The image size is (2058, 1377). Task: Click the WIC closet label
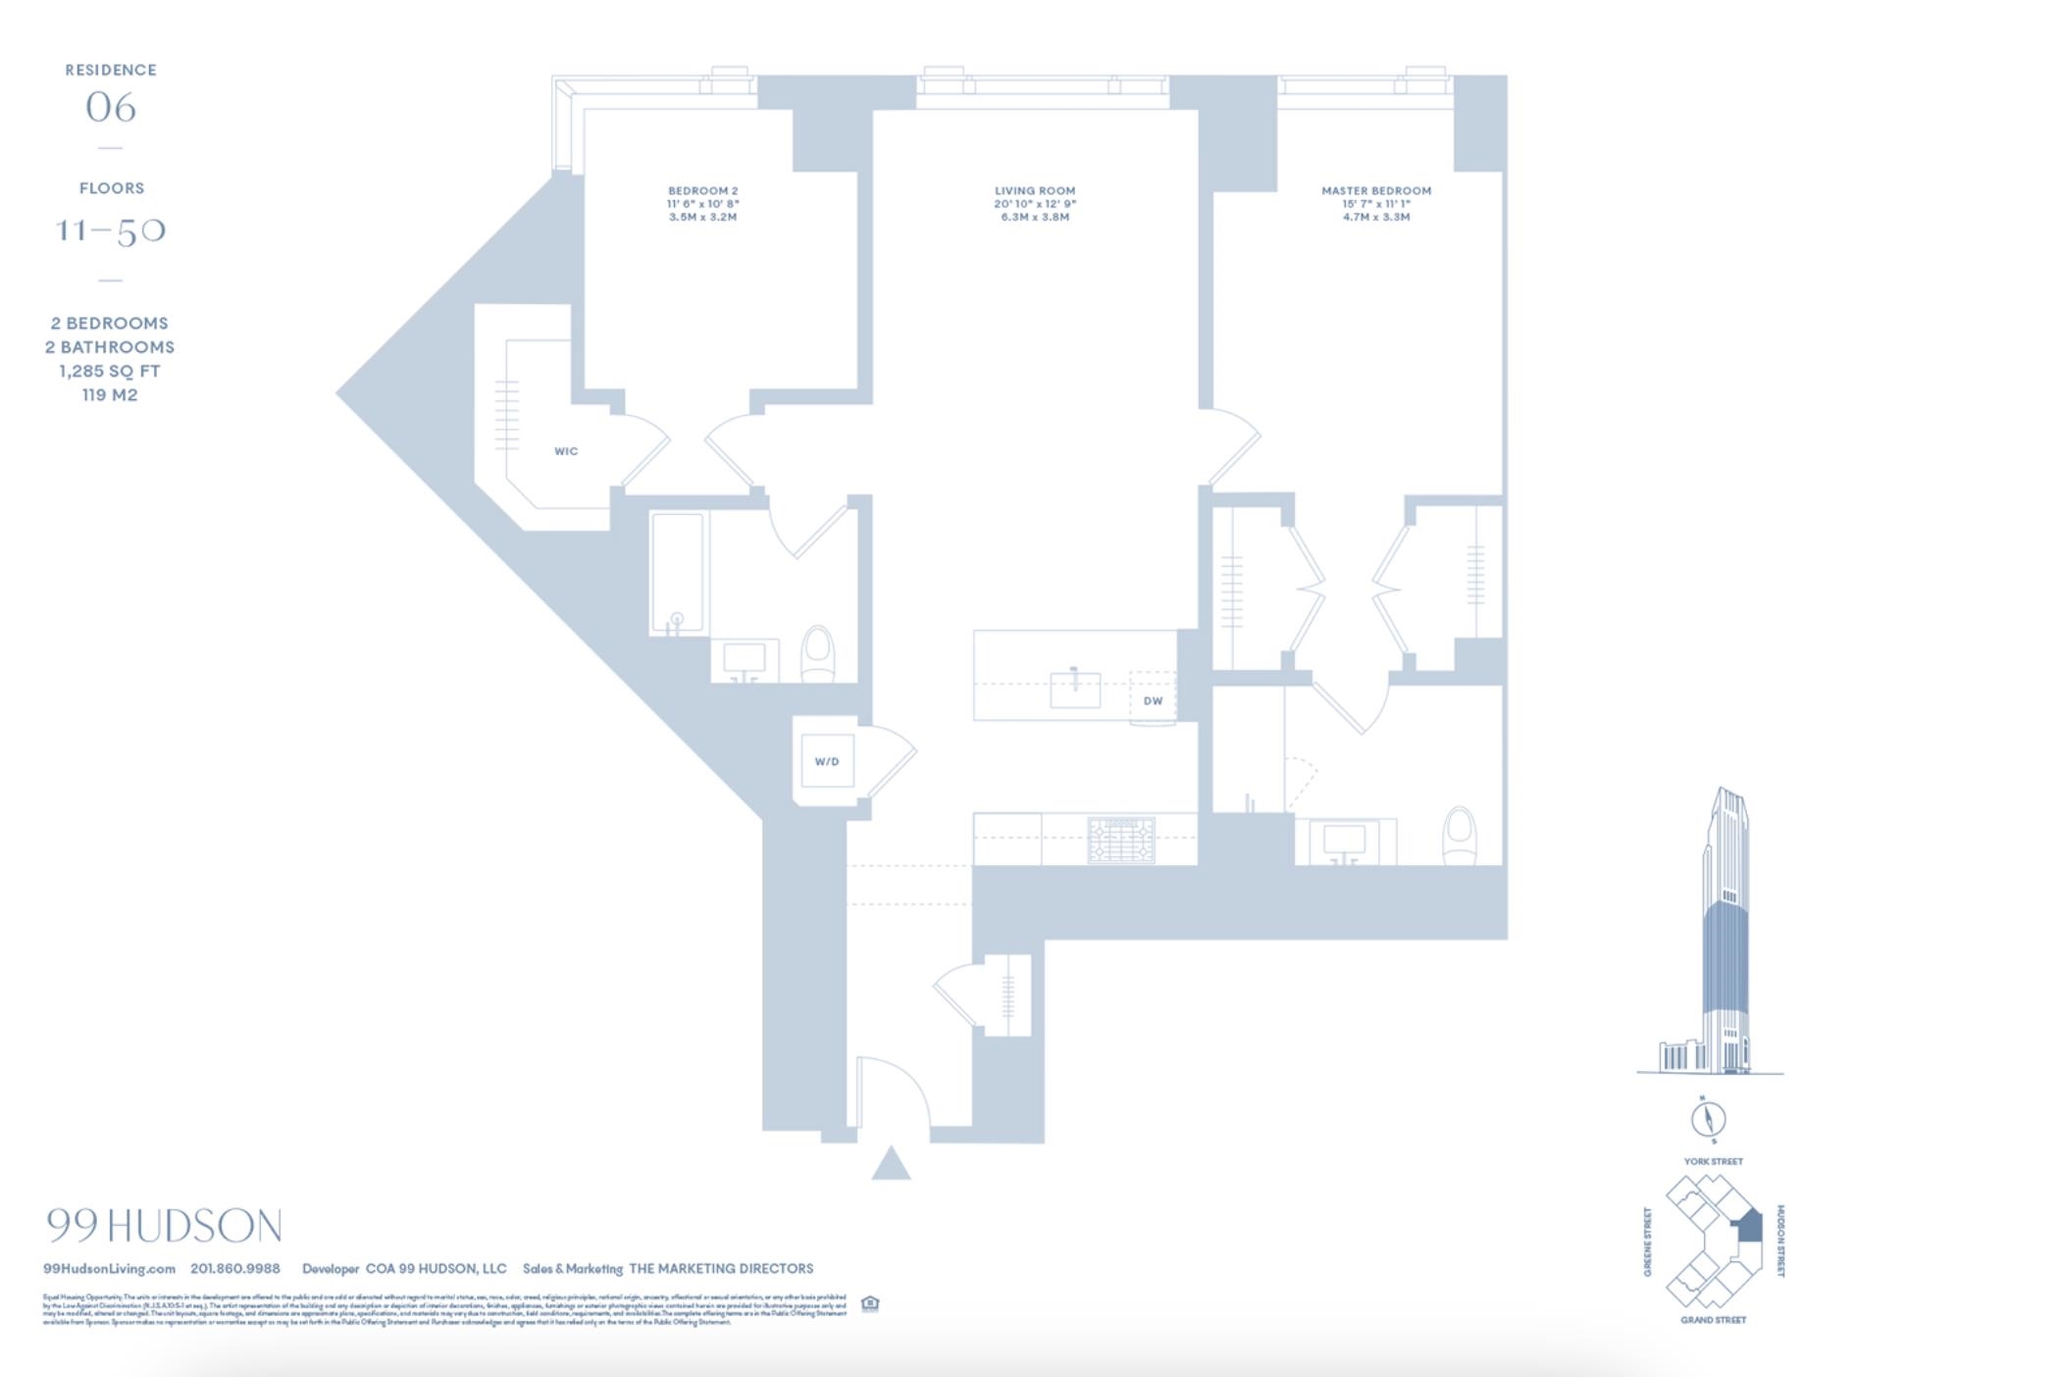[x=566, y=451]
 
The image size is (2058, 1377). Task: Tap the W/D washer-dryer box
[x=827, y=761]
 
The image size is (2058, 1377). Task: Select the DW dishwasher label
[x=1153, y=700]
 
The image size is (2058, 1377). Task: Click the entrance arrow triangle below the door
[x=891, y=1164]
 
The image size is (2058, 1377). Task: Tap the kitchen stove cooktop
[x=1121, y=841]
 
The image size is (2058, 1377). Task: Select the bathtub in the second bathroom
[x=677, y=573]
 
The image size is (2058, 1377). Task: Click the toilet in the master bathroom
[x=1460, y=835]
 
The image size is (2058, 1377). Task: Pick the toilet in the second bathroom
[x=817, y=653]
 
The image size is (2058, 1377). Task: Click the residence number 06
[x=111, y=108]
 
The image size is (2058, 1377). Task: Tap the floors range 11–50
[x=111, y=231]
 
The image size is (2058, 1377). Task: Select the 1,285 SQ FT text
[x=110, y=371]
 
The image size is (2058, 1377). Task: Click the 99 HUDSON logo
[x=164, y=1226]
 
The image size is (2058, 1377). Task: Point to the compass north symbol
[x=1709, y=1119]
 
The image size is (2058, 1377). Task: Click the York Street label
[x=1713, y=1161]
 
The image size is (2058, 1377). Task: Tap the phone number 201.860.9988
[x=235, y=1268]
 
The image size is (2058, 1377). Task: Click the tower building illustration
[x=1723, y=932]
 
